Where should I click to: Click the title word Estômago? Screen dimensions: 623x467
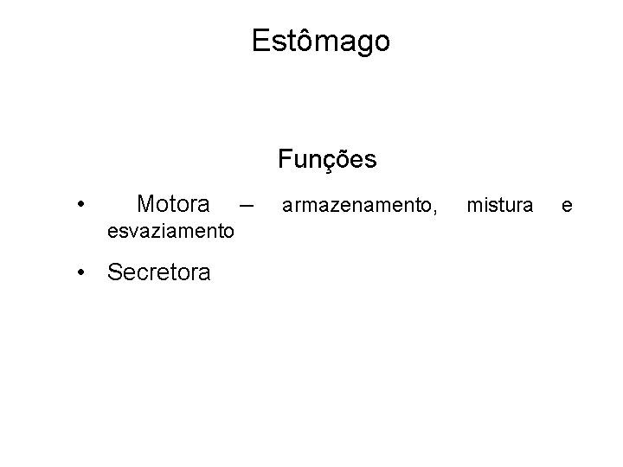tap(321, 41)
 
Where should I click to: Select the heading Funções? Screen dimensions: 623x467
tap(327, 159)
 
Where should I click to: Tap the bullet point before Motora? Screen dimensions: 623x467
tap(80, 205)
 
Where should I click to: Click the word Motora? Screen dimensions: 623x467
tap(173, 204)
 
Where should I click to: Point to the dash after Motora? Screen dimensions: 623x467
tap(247, 206)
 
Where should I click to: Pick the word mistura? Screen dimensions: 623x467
tap(500, 205)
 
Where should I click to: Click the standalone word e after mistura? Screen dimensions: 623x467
tap(567, 206)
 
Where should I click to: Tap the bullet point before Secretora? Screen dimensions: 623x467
tap(80, 273)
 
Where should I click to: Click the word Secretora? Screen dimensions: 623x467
tap(158, 273)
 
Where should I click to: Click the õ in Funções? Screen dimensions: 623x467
tap(344, 159)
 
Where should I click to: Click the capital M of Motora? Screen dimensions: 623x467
tap(146, 204)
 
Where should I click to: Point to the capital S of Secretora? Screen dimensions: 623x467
tap(114, 273)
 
